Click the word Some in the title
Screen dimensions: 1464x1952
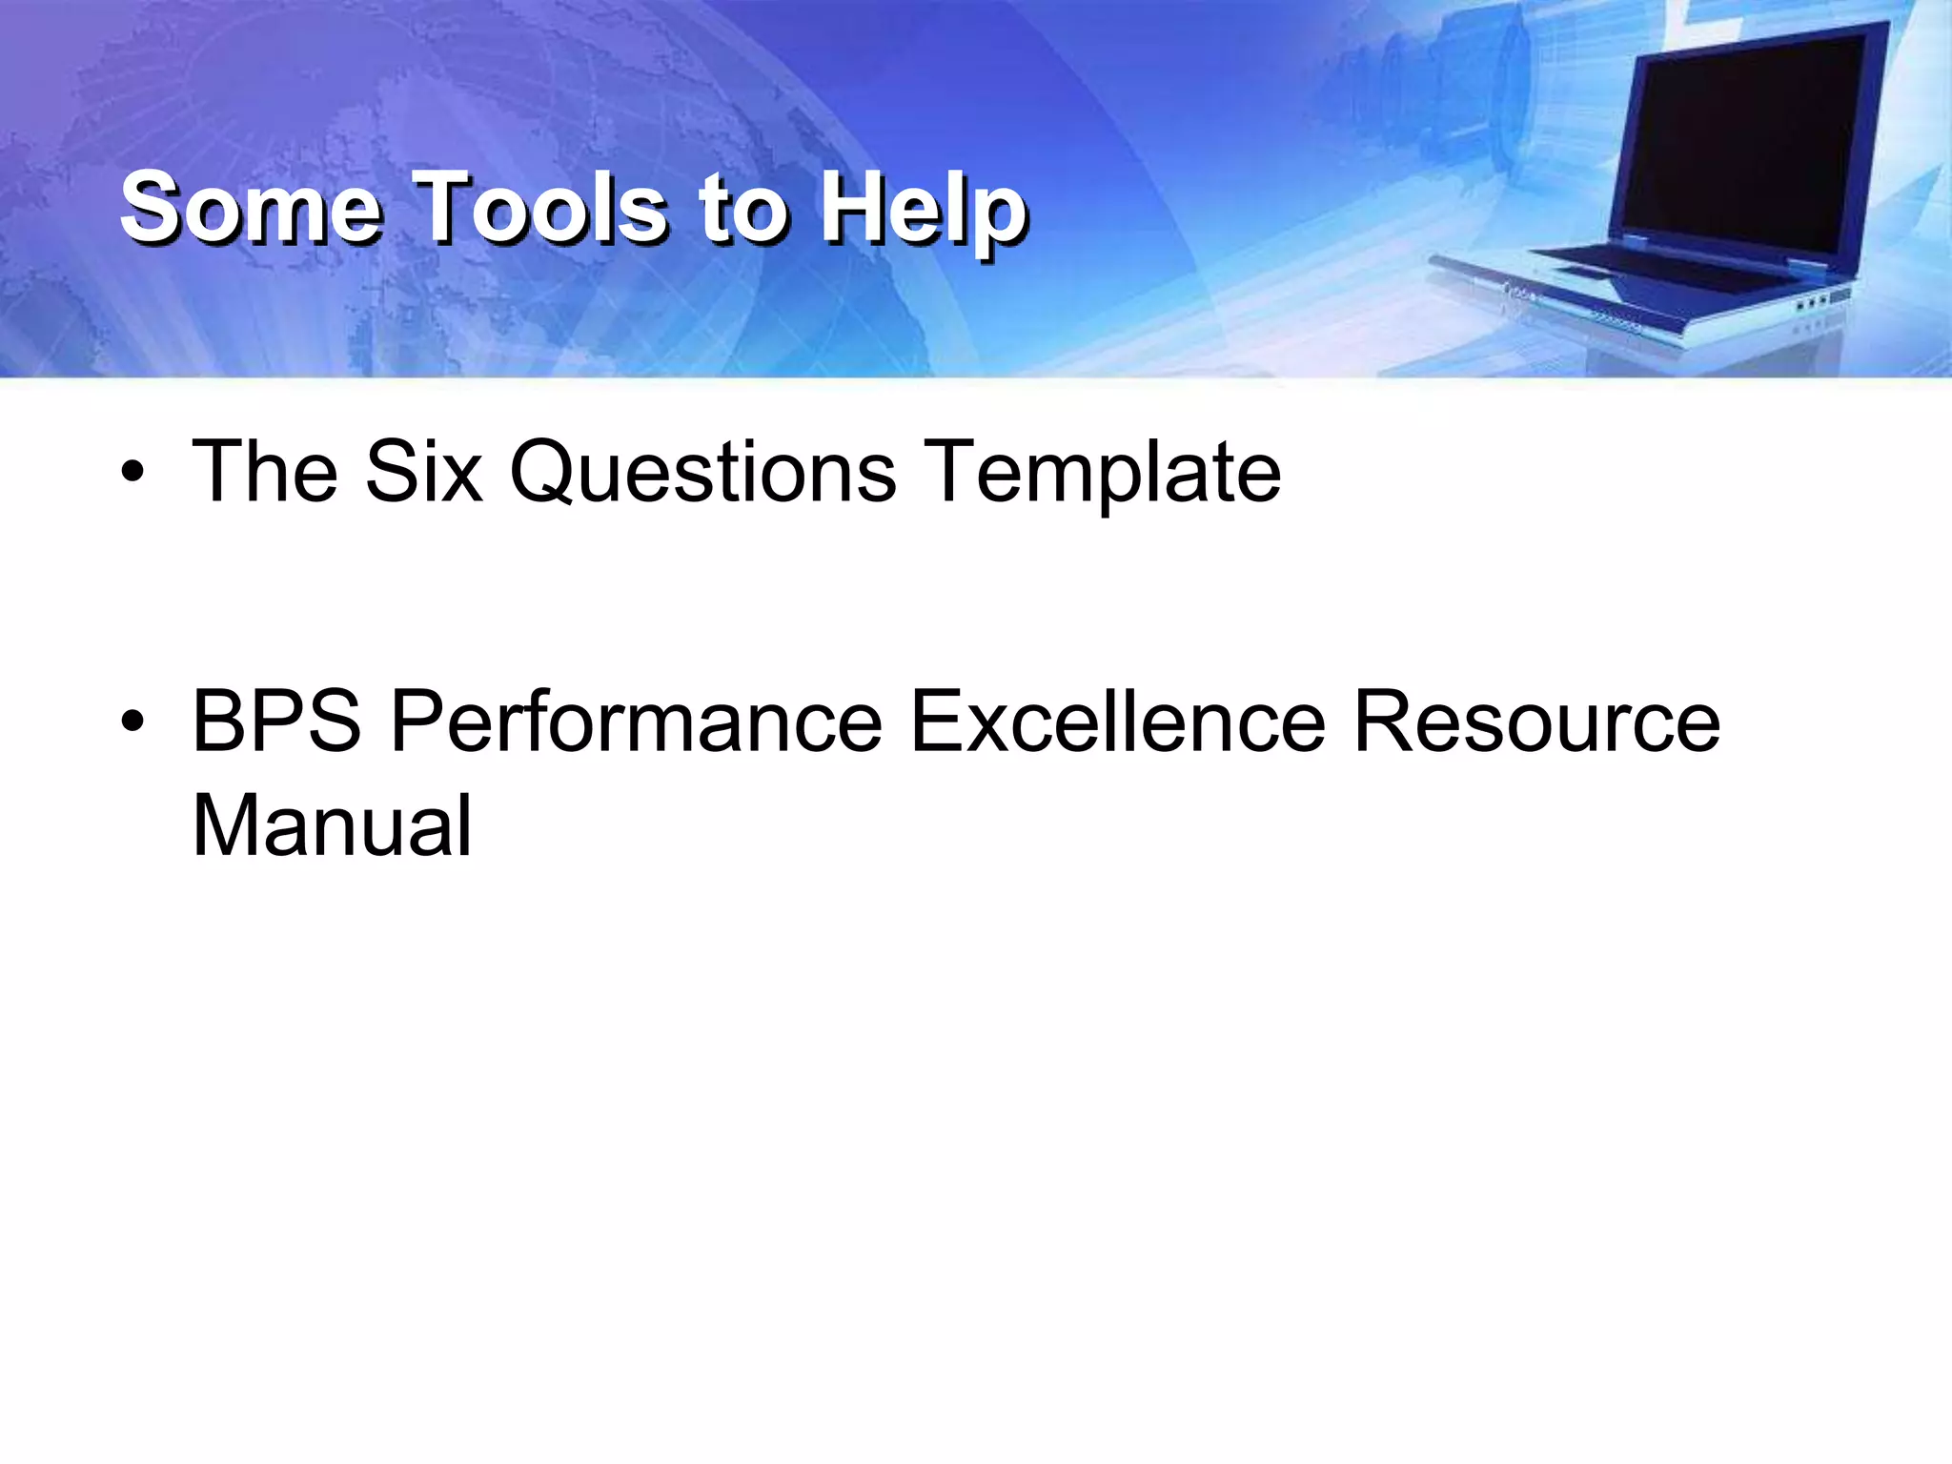pyautogui.click(x=250, y=208)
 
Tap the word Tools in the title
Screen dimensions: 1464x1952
pyautogui.click(x=543, y=208)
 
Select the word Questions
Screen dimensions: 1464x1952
pyautogui.click(x=702, y=472)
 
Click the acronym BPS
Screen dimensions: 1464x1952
pyautogui.click(x=277, y=722)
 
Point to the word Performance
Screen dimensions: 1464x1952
pyautogui.click(x=636, y=722)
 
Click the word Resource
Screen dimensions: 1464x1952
pyautogui.click(x=1536, y=722)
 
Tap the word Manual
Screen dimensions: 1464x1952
pyautogui.click(x=332, y=825)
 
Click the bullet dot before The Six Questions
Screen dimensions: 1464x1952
pyautogui.click(x=132, y=473)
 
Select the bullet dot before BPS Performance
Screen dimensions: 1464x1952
pyautogui.click(x=132, y=722)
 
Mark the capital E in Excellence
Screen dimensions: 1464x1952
pyautogui.click(x=938, y=722)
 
